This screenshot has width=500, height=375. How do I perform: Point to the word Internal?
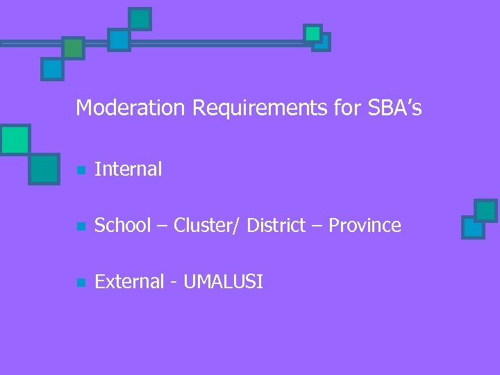tap(128, 169)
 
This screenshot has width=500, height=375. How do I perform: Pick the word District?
tap(276, 226)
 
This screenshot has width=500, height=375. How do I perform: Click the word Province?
tap(365, 226)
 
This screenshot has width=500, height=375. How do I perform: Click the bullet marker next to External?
tap(81, 283)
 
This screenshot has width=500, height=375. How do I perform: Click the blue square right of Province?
tap(473, 227)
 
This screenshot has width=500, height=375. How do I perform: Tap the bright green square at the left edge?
tap(15, 140)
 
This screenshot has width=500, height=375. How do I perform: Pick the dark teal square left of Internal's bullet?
tap(44, 168)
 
